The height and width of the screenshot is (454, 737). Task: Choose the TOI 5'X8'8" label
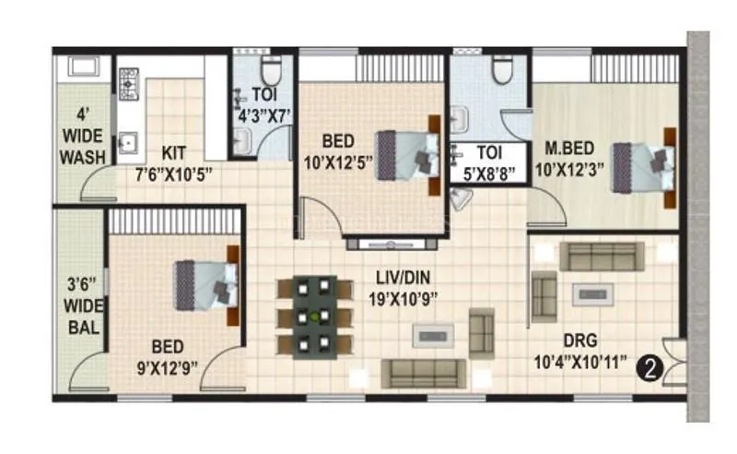[488, 161]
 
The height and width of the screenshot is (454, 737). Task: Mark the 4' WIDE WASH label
[83, 137]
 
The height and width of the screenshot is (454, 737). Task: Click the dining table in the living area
[314, 317]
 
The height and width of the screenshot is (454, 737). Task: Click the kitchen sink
[128, 143]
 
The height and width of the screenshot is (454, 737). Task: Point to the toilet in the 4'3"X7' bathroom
[271, 70]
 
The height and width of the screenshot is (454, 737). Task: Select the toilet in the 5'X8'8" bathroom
[502, 69]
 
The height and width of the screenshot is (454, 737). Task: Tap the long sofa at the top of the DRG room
[602, 256]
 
